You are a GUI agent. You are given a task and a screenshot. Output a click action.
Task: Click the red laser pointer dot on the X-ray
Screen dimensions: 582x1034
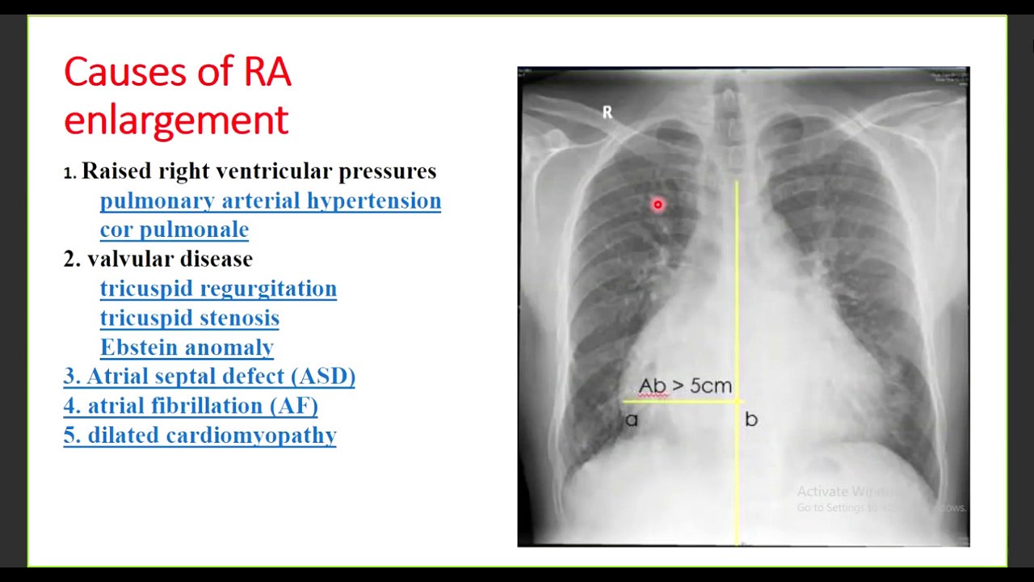click(658, 205)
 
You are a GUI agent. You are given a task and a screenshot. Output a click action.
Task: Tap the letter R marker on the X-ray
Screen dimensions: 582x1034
click(607, 113)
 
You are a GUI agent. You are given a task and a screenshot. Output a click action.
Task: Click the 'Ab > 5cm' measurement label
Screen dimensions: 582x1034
click(685, 386)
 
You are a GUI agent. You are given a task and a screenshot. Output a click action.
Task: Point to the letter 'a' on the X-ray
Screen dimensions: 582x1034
click(631, 420)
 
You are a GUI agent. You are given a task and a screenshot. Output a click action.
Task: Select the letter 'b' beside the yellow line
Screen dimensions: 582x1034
click(751, 419)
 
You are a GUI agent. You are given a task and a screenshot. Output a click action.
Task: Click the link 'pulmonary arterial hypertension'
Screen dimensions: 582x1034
click(271, 200)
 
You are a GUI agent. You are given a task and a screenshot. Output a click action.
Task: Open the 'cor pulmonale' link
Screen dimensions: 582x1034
click(174, 230)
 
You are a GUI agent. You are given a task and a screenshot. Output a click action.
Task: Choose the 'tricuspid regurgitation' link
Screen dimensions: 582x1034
click(218, 289)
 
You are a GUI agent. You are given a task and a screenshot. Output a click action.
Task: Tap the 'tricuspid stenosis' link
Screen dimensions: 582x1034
click(190, 318)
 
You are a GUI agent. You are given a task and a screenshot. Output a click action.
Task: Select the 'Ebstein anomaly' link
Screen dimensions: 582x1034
click(187, 348)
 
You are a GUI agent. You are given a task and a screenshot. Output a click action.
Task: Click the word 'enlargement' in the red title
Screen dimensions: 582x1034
click(176, 120)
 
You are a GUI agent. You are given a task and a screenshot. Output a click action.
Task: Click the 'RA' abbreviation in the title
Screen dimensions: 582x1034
click(267, 73)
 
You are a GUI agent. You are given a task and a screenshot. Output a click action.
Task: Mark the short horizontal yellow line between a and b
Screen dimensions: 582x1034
click(679, 401)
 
